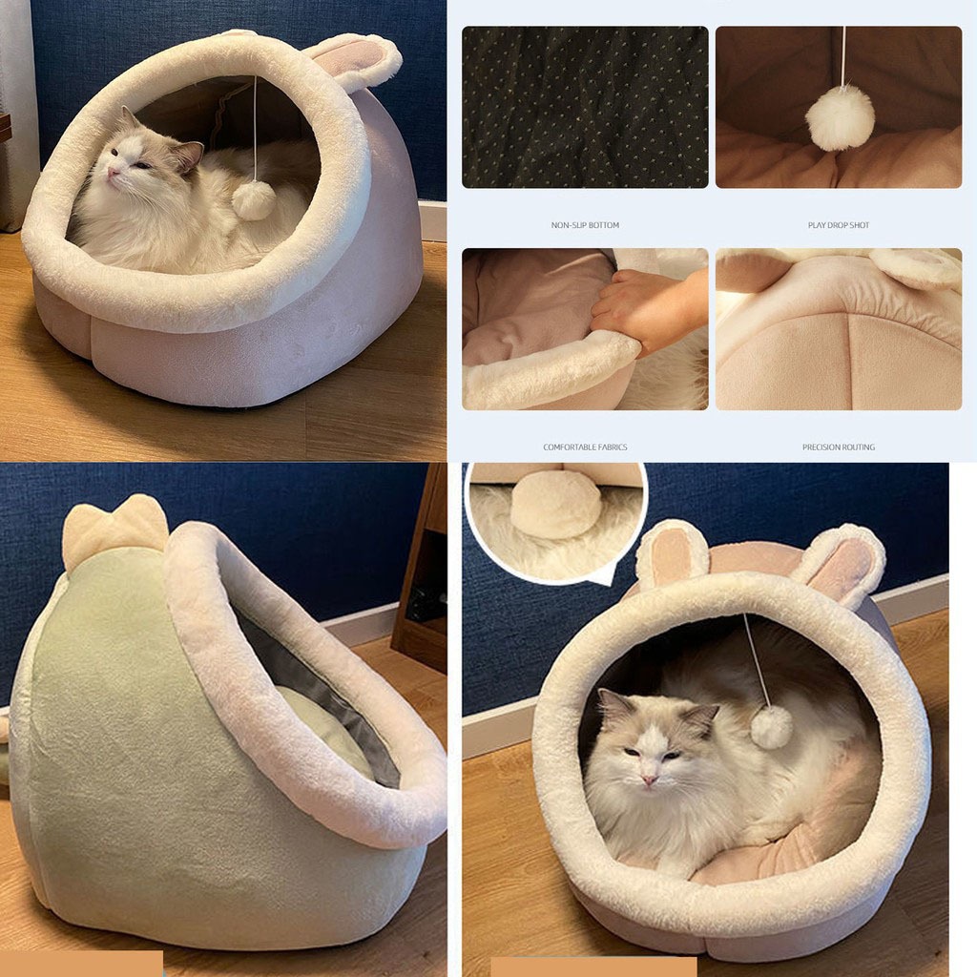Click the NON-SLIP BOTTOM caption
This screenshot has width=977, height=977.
[x=585, y=225]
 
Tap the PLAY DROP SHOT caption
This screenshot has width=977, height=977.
[x=838, y=225]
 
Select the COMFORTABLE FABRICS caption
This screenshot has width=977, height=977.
[x=585, y=447]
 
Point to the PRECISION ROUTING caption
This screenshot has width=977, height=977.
[x=838, y=447]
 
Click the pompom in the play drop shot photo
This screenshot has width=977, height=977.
[x=840, y=117]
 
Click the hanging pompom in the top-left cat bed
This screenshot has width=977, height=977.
[x=254, y=200]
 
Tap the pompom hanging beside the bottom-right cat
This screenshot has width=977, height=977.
[x=771, y=727]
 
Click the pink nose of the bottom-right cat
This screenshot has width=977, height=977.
[x=650, y=780]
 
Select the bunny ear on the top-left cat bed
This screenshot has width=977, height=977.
[x=355, y=59]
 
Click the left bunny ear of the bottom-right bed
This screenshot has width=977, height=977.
[x=672, y=552]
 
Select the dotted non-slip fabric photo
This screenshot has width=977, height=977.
[x=585, y=107]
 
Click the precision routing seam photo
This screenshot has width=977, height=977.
[x=838, y=329]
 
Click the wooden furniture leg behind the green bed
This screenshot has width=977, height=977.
[x=420, y=567]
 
